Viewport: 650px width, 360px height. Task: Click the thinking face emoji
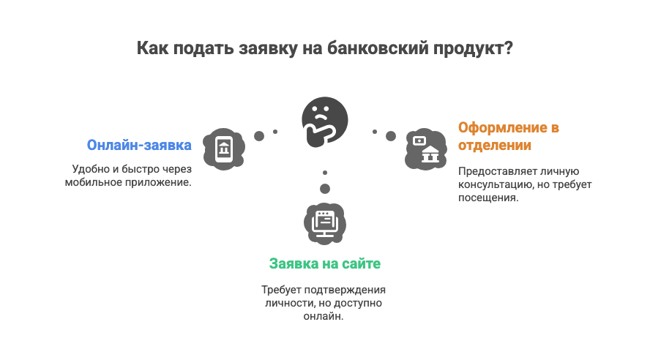pos(324,120)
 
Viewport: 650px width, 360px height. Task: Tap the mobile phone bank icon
pos(223,149)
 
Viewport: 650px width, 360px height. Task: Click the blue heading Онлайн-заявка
pos(139,145)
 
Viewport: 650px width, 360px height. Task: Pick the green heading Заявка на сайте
pos(324,263)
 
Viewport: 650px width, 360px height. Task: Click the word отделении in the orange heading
pos(495,145)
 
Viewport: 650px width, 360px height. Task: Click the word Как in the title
pos(152,49)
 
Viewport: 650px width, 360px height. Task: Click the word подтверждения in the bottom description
pos(351,290)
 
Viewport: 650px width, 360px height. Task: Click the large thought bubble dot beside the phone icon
pos(258,136)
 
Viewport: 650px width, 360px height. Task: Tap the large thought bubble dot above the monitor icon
pos(324,188)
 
